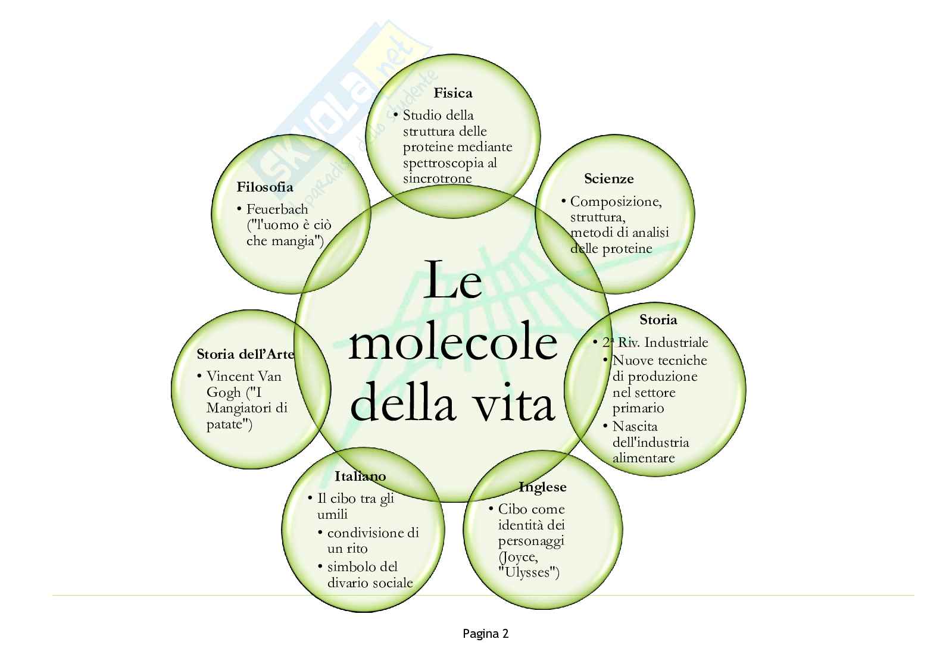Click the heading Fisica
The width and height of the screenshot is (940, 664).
pyautogui.click(x=452, y=93)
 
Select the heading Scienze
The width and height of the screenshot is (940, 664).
pyautogui.click(x=608, y=178)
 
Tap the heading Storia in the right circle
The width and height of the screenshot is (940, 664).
pyautogui.click(x=658, y=320)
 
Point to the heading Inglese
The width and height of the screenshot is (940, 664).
pyautogui.click(x=542, y=487)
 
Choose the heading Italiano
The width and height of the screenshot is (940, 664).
pyautogui.click(x=360, y=477)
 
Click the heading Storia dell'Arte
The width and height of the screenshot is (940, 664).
pyautogui.click(x=245, y=355)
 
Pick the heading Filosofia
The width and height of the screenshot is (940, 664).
pyautogui.click(x=265, y=187)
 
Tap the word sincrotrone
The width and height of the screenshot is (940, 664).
pyautogui.click(x=437, y=178)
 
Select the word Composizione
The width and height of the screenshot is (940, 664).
pyautogui.click(x=616, y=202)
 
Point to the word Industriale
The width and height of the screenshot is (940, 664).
pyautogui.click(x=676, y=343)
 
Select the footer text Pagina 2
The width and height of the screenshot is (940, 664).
pyautogui.click(x=485, y=634)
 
